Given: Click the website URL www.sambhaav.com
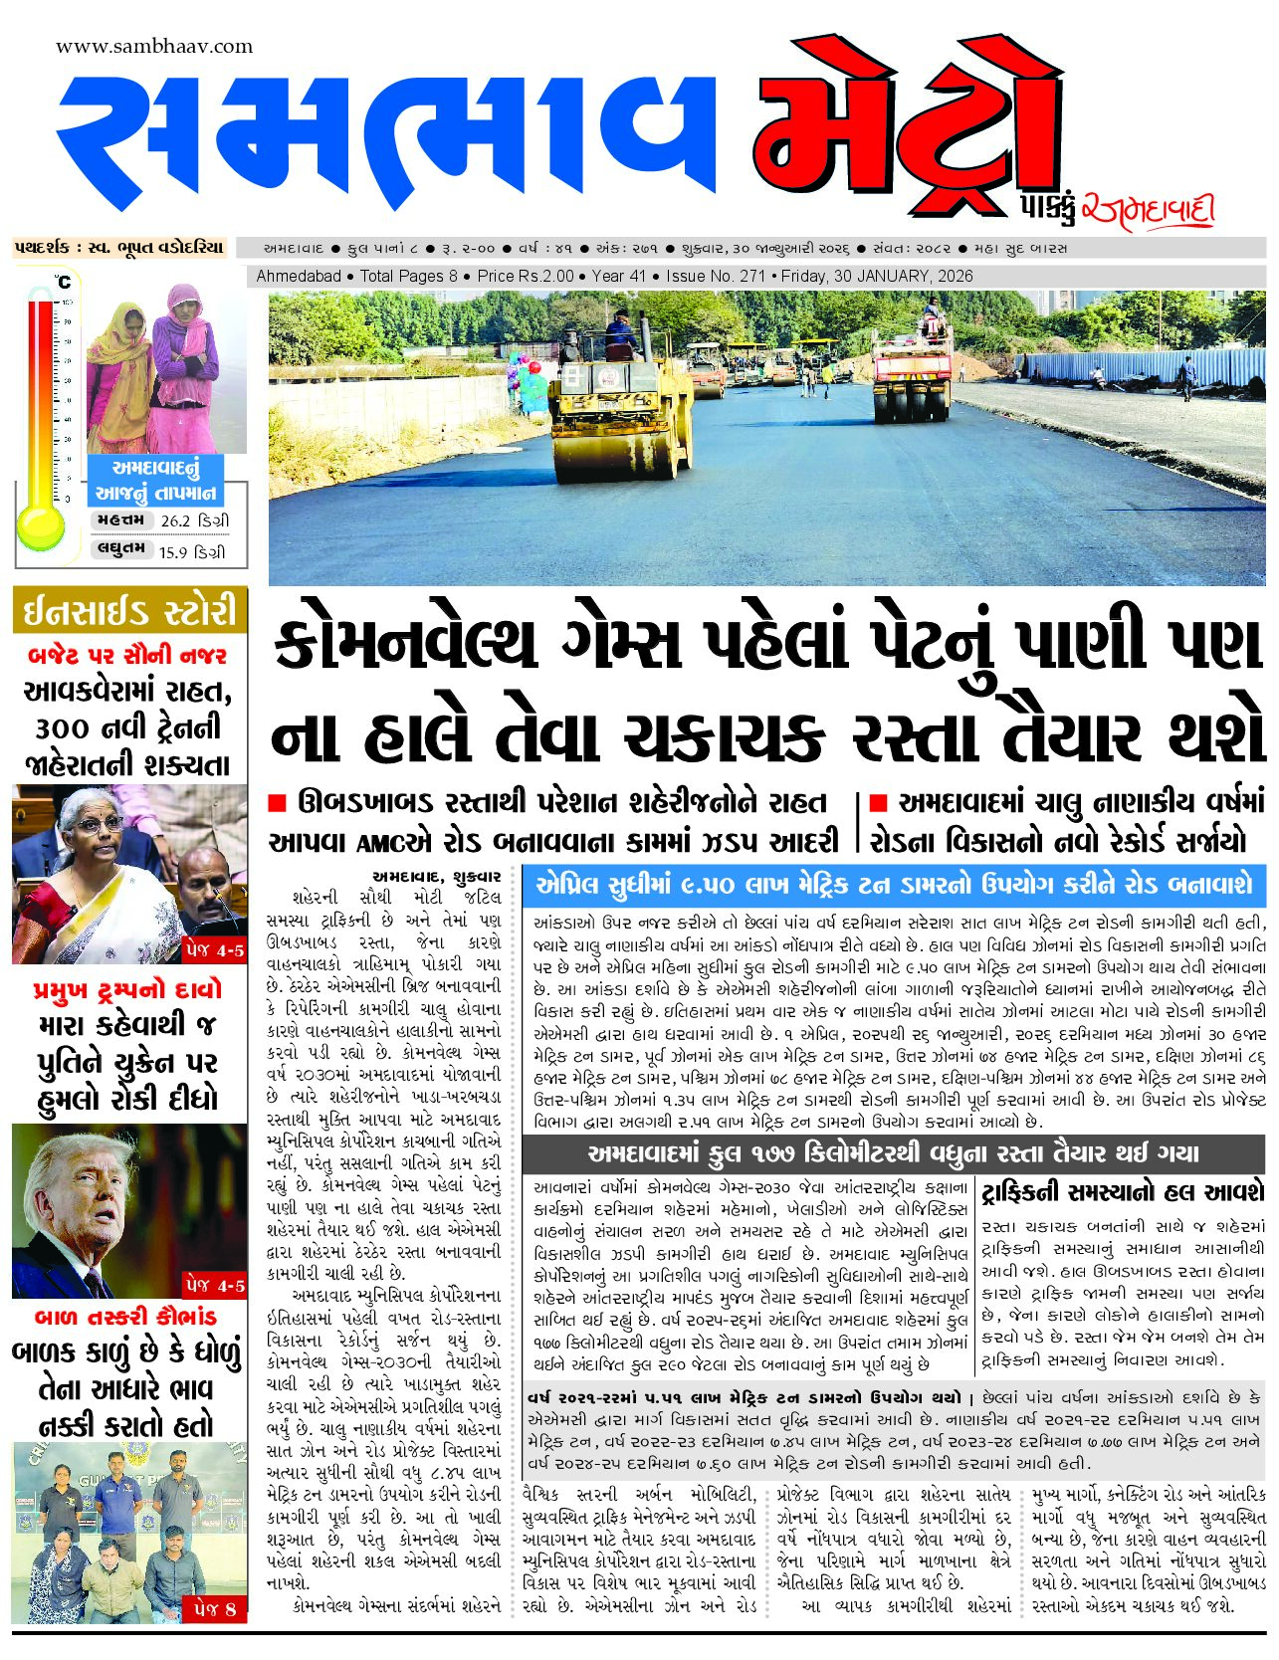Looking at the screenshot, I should pyautogui.click(x=154, y=47).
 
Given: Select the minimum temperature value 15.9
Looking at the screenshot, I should pyautogui.click(x=173, y=552).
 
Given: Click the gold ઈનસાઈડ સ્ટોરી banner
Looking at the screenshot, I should pyautogui.click(x=130, y=610).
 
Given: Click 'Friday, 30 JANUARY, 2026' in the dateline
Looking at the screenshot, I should pyautogui.click(x=877, y=277).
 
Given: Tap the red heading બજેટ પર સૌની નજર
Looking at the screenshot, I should pyautogui.click(x=128, y=655).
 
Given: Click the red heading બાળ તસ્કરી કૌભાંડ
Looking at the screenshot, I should pyautogui.click(x=125, y=1317).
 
